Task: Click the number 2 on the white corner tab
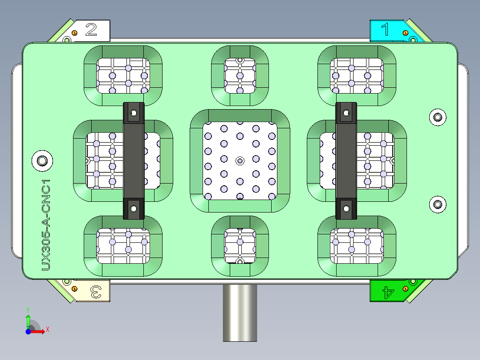(91, 30)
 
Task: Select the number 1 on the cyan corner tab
(386, 30)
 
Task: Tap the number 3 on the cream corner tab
(96, 292)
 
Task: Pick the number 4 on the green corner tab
(388, 293)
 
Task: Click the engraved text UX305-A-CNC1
(46, 225)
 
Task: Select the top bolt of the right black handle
(346, 113)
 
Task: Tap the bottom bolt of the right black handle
(346, 208)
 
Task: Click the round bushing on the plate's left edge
(43, 160)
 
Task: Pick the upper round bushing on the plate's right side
(438, 117)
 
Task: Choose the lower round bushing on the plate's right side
(438, 205)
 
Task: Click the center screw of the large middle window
(240, 160)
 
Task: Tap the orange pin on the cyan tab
(405, 33)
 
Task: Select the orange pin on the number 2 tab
(75, 33)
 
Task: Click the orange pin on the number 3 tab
(75, 289)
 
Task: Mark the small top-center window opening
(240, 75)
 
